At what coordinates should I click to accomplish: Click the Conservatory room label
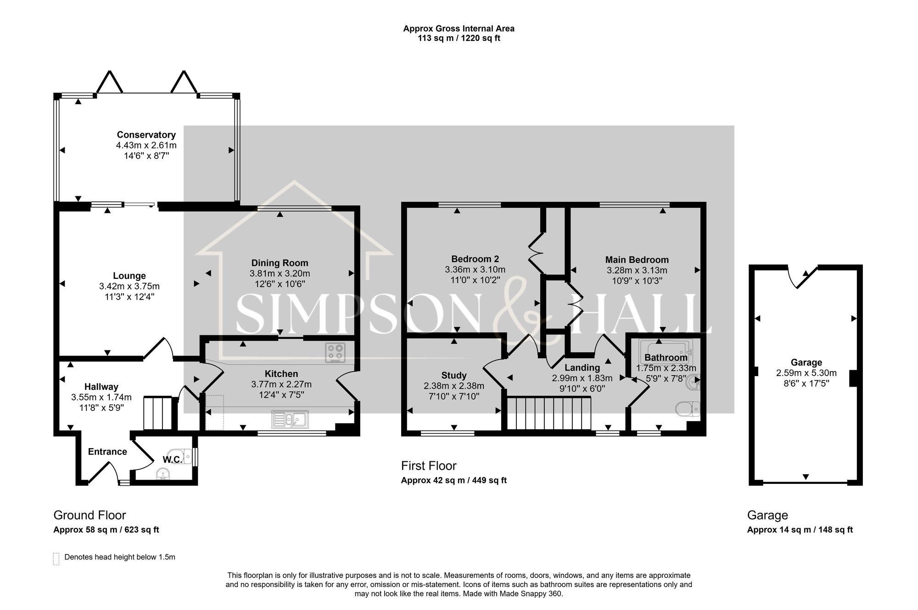click(146, 135)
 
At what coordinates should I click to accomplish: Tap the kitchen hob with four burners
click(335, 353)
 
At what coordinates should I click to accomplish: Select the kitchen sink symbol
click(290, 419)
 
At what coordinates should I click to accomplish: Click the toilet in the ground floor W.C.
click(185, 456)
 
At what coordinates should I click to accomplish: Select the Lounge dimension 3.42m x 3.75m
click(129, 286)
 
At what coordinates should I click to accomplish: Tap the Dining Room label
click(280, 263)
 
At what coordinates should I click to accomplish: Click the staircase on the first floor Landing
click(548, 413)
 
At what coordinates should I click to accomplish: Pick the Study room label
click(454, 375)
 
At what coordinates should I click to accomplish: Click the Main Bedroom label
click(637, 260)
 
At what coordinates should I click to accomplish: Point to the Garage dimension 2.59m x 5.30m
click(806, 373)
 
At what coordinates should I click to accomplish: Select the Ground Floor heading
click(90, 515)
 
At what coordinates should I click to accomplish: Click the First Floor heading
click(429, 466)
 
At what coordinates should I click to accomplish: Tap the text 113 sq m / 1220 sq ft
click(459, 39)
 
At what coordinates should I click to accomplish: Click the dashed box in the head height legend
click(56, 559)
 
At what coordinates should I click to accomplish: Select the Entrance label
click(107, 452)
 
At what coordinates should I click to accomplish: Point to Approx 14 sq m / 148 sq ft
click(800, 530)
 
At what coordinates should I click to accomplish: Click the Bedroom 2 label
click(475, 259)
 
